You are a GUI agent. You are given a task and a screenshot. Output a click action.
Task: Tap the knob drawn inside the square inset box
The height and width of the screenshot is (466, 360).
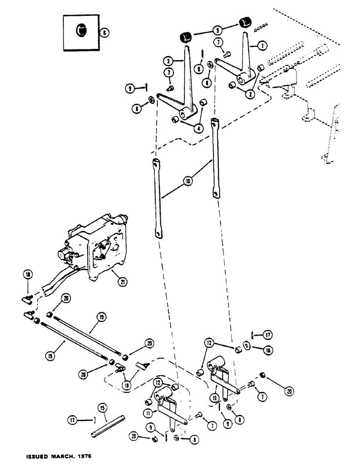click(81, 31)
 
